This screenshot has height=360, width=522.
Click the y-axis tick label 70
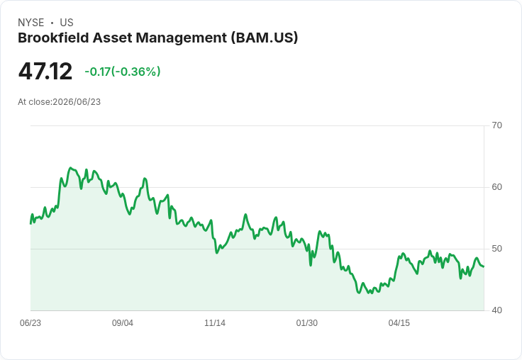(496, 125)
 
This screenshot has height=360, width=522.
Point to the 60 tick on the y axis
(496, 187)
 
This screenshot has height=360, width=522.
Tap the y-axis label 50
(496, 249)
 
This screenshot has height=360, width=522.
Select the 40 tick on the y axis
(496, 310)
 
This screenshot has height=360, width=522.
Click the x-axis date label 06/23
(30, 323)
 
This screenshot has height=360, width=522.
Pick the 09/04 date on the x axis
(123, 323)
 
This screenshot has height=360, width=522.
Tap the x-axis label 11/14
(215, 323)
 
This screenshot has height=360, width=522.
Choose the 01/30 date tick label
(306, 323)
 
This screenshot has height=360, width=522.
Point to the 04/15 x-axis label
(399, 323)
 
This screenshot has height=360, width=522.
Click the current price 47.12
(45, 71)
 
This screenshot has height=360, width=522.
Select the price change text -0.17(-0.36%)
(123, 72)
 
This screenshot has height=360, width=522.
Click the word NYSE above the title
(31, 23)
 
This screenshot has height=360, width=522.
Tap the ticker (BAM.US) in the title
(265, 38)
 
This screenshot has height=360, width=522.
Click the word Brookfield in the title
(53, 38)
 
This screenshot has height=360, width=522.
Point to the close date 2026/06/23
(77, 102)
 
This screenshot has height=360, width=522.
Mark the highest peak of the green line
(70, 168)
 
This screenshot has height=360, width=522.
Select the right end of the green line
(484, 266)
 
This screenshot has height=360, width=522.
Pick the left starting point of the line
(30, 224)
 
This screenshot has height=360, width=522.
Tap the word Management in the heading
(182, 38)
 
